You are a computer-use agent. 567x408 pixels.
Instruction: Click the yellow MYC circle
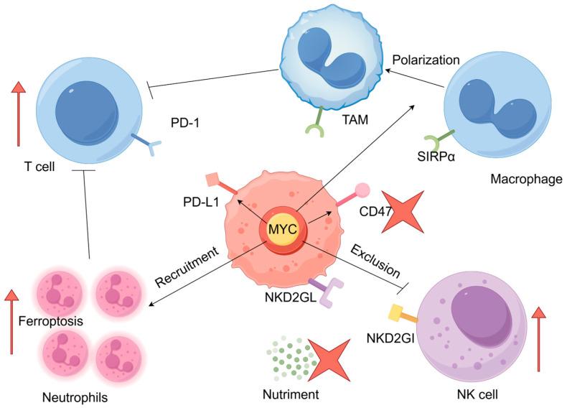283,228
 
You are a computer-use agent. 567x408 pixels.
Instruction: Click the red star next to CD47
407,211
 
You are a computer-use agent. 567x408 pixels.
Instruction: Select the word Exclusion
375,260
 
